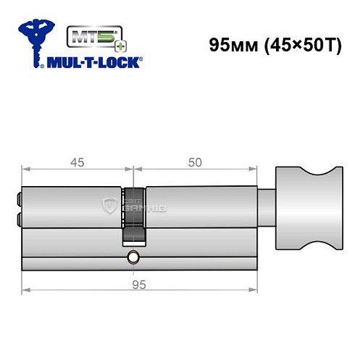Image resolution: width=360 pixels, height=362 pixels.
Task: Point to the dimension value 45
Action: coord(77,163)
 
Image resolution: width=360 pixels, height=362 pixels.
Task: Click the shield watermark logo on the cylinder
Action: coord(111,206)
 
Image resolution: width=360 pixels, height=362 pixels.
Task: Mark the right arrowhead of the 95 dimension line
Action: coord(256,291)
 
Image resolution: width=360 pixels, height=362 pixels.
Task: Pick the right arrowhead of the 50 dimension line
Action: coord(256,171)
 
